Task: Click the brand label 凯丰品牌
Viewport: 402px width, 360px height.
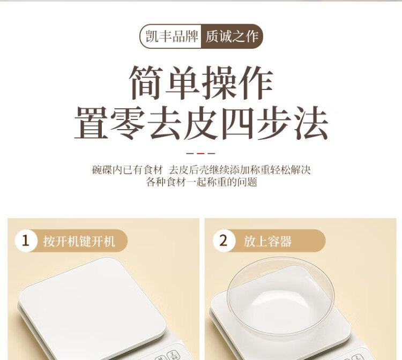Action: pos(172,36)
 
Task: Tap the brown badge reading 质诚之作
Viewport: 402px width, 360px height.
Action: pos(232,36)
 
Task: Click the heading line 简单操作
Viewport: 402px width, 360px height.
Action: pos(201,82)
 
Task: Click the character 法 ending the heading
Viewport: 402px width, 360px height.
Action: pos(311,124)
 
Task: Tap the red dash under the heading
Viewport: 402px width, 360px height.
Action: pos(201,153)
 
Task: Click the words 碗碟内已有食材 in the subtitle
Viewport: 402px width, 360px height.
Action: pos(128,170)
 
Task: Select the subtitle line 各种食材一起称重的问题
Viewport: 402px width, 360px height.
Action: pos(202,182)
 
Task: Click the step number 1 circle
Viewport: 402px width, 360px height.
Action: pos(25,241)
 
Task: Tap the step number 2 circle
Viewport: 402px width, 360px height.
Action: pos(224,241)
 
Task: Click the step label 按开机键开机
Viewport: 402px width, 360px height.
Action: pos(79,242)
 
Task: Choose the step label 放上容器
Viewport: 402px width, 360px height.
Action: pos(267,242)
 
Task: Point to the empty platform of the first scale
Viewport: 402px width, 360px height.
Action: pos(92,303)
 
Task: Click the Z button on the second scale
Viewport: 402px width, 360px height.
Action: pos(357,357)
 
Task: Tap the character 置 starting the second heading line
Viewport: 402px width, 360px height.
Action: pos(91,124)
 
